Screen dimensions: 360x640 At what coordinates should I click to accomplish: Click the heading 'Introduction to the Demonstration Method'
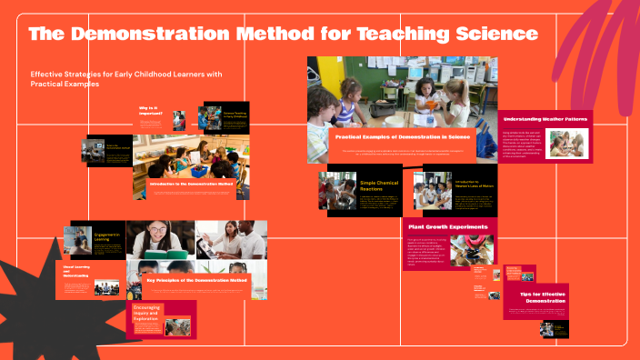tap(192, 183)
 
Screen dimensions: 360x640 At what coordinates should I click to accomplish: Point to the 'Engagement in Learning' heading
tap(107, 238)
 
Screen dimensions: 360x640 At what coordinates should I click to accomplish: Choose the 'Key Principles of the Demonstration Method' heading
tap(197, 281)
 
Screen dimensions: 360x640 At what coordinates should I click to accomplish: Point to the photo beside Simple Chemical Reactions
tap(337, 191)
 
